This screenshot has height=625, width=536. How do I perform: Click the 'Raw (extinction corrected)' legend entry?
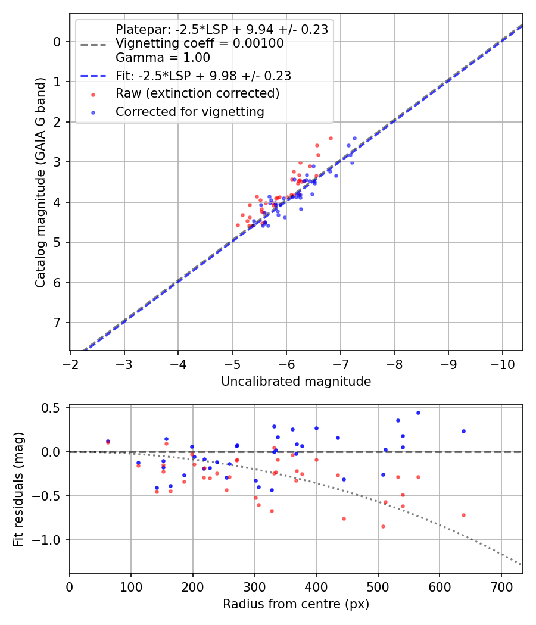pyautogui.click(x=197, y=93)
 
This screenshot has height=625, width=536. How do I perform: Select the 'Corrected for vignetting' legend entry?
pyautogui.click(x=190, y=111)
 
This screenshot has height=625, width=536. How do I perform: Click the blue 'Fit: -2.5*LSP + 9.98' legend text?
pyautogui.click(x=203, y=76)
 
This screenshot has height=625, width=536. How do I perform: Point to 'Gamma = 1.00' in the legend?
pyautogui.click(x=163, y=58)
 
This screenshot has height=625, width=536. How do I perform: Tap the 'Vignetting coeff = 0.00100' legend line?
pyautogui.click(x=200, y=43)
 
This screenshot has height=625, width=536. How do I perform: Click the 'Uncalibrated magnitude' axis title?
pyautogui.click(x=296, y=382)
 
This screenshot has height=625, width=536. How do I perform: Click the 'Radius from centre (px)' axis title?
pyautogui.click(x=296, y=604)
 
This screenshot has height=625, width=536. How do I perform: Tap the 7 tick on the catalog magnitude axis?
pyautogui.click(x=57, y=323)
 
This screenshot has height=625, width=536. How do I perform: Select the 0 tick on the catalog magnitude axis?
pyautogui.click(x=57, y=41)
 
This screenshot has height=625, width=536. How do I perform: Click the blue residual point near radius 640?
pyautogui.click(x=463, y=431)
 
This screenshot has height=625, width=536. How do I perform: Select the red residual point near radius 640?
pyautogui.click(x=463, y=515)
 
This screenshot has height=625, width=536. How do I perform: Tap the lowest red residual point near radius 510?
pyautogui.click(x=383, y=526)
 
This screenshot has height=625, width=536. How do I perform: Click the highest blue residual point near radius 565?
pyautogui.click(x=418, y=412)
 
